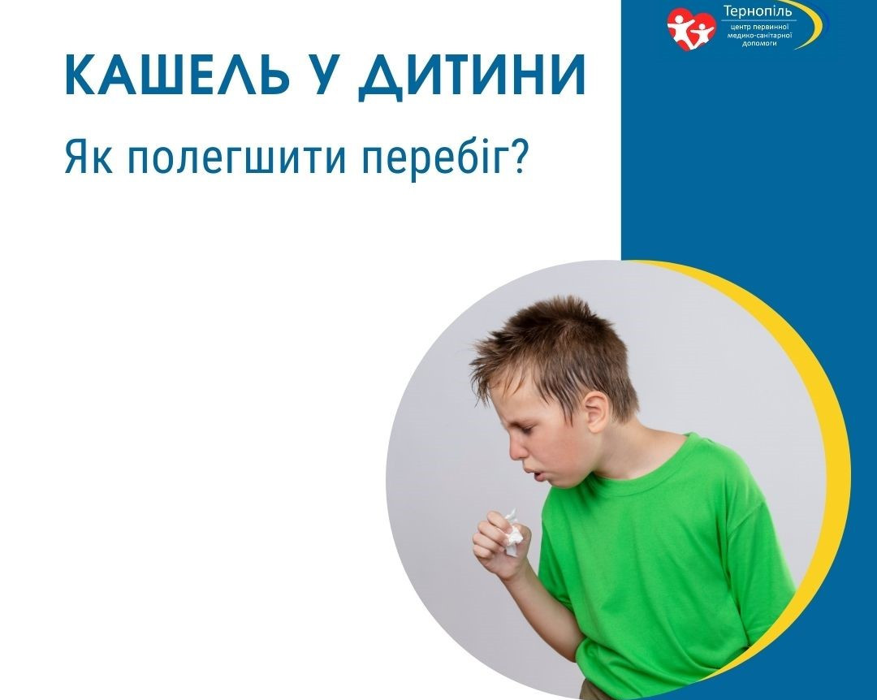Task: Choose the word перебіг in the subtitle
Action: pos(434,158)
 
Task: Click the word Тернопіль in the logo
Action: pos(758,11)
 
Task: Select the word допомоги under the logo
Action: pos(759,43)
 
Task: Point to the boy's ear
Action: pos(596,411)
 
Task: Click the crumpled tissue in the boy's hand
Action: pos(512,532)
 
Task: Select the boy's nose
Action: pos(515,447)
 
